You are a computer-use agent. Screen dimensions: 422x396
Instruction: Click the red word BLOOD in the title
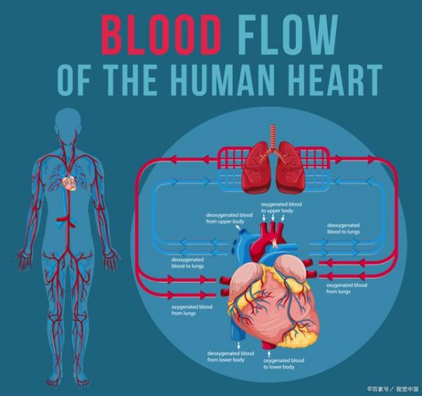(x=161, y=35)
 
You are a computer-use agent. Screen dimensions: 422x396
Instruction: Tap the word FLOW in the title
(x=288, y=35)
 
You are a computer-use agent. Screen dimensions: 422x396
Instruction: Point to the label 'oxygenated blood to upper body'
(x=281, y=207)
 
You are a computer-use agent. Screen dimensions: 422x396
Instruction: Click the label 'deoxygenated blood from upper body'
(x=229, y=218)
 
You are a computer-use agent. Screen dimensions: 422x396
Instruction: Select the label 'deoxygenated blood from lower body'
(x=231, y=356)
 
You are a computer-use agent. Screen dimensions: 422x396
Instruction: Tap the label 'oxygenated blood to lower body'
(x=283, y=364)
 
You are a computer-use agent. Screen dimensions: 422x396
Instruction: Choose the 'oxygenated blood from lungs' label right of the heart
(x=347, y=289)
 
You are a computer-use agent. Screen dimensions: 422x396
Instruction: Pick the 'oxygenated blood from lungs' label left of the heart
(x=191, y=310)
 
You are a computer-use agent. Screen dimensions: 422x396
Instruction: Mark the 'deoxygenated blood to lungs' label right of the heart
(x=343, y=228)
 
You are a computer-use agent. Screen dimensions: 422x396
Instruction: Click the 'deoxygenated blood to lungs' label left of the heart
(x=188, y=263)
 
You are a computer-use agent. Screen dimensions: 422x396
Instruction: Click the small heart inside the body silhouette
(x=70, y=183)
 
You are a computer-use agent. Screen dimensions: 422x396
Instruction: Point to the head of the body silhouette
(x=68, y=121)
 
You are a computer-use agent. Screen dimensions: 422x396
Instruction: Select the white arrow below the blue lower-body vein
(x=238, y=345)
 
